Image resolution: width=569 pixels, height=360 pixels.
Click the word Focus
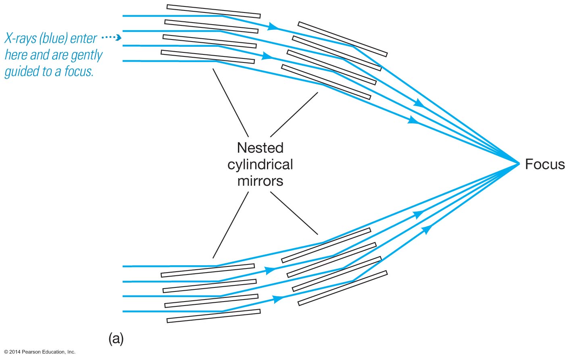pyautogui.click(x=544, y=164)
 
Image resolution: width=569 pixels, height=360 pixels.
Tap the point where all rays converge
pyautogui.click(x=519, y=163)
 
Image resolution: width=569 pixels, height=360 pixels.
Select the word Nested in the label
pyautogui.click(x=260, y=148)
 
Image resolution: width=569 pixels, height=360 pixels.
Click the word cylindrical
pyautogui.click(x=260, y=164)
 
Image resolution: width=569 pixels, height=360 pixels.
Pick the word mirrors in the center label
pyautogui.click(x=260, y=181)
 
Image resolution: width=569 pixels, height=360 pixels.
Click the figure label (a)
pyautogui.click(x=116, y=338)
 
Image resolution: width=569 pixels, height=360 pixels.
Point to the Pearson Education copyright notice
pyautogui.click(x=40, y=352)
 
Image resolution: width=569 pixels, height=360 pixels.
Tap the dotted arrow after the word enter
pyautogui.click(x=111, y=38)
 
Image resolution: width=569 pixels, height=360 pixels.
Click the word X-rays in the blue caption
pyautogui.click(x=20, y=38)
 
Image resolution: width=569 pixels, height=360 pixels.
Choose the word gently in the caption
pyautogui.click(x=86, y=55)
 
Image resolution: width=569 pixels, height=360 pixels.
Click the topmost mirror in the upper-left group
pyautogui.click(x=213, y=11)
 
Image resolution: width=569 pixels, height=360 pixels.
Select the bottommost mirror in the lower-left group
pyautogui.click(x=213, y=316)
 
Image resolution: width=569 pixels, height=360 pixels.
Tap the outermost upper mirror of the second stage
pyautogui.click(x=342, y=39)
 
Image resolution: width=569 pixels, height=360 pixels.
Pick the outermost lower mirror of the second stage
pyautogui.click(x=342, y=288)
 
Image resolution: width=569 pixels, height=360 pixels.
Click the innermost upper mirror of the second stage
pyautogui.click(x=326, y=82)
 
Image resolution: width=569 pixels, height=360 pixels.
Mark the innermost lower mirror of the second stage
pyautogui.click(x=326, y=245)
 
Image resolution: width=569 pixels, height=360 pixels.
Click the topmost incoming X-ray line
pyautogui.click(x=169, y=16)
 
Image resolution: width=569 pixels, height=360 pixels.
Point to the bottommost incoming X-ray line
pyautogui.click(x=169, y=311)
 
